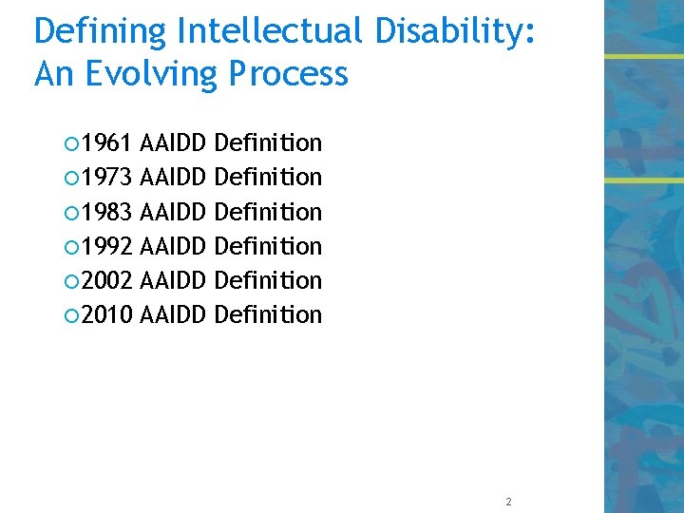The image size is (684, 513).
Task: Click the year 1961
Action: pyautogui.click(x=106, y=143)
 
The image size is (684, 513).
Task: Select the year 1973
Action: pyautogui.click(x=106, y=178)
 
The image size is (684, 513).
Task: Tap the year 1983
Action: pyautogui.click(x=106, y=212)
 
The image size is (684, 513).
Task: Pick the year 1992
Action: pyautogui.click(x=106, y=246)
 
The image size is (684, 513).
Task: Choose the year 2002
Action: pyautogui.click(x=106, y=280)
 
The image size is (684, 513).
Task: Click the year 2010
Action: pyautogui.click(x=106, y=314)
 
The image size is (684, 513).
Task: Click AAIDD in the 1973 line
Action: pyautogui.click(x=173, y=178)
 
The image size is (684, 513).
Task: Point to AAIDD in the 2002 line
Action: pyautogui.click(x=173, y=280)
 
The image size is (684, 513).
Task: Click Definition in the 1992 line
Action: pyautogui.click(x=269, y=246)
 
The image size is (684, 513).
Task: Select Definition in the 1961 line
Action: pyautogui.click(x=269, y=143)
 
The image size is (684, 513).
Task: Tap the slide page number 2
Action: pyautogui.click(x=509, y=502)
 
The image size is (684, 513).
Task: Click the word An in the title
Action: pyautogui.click(x=55, y=73)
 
